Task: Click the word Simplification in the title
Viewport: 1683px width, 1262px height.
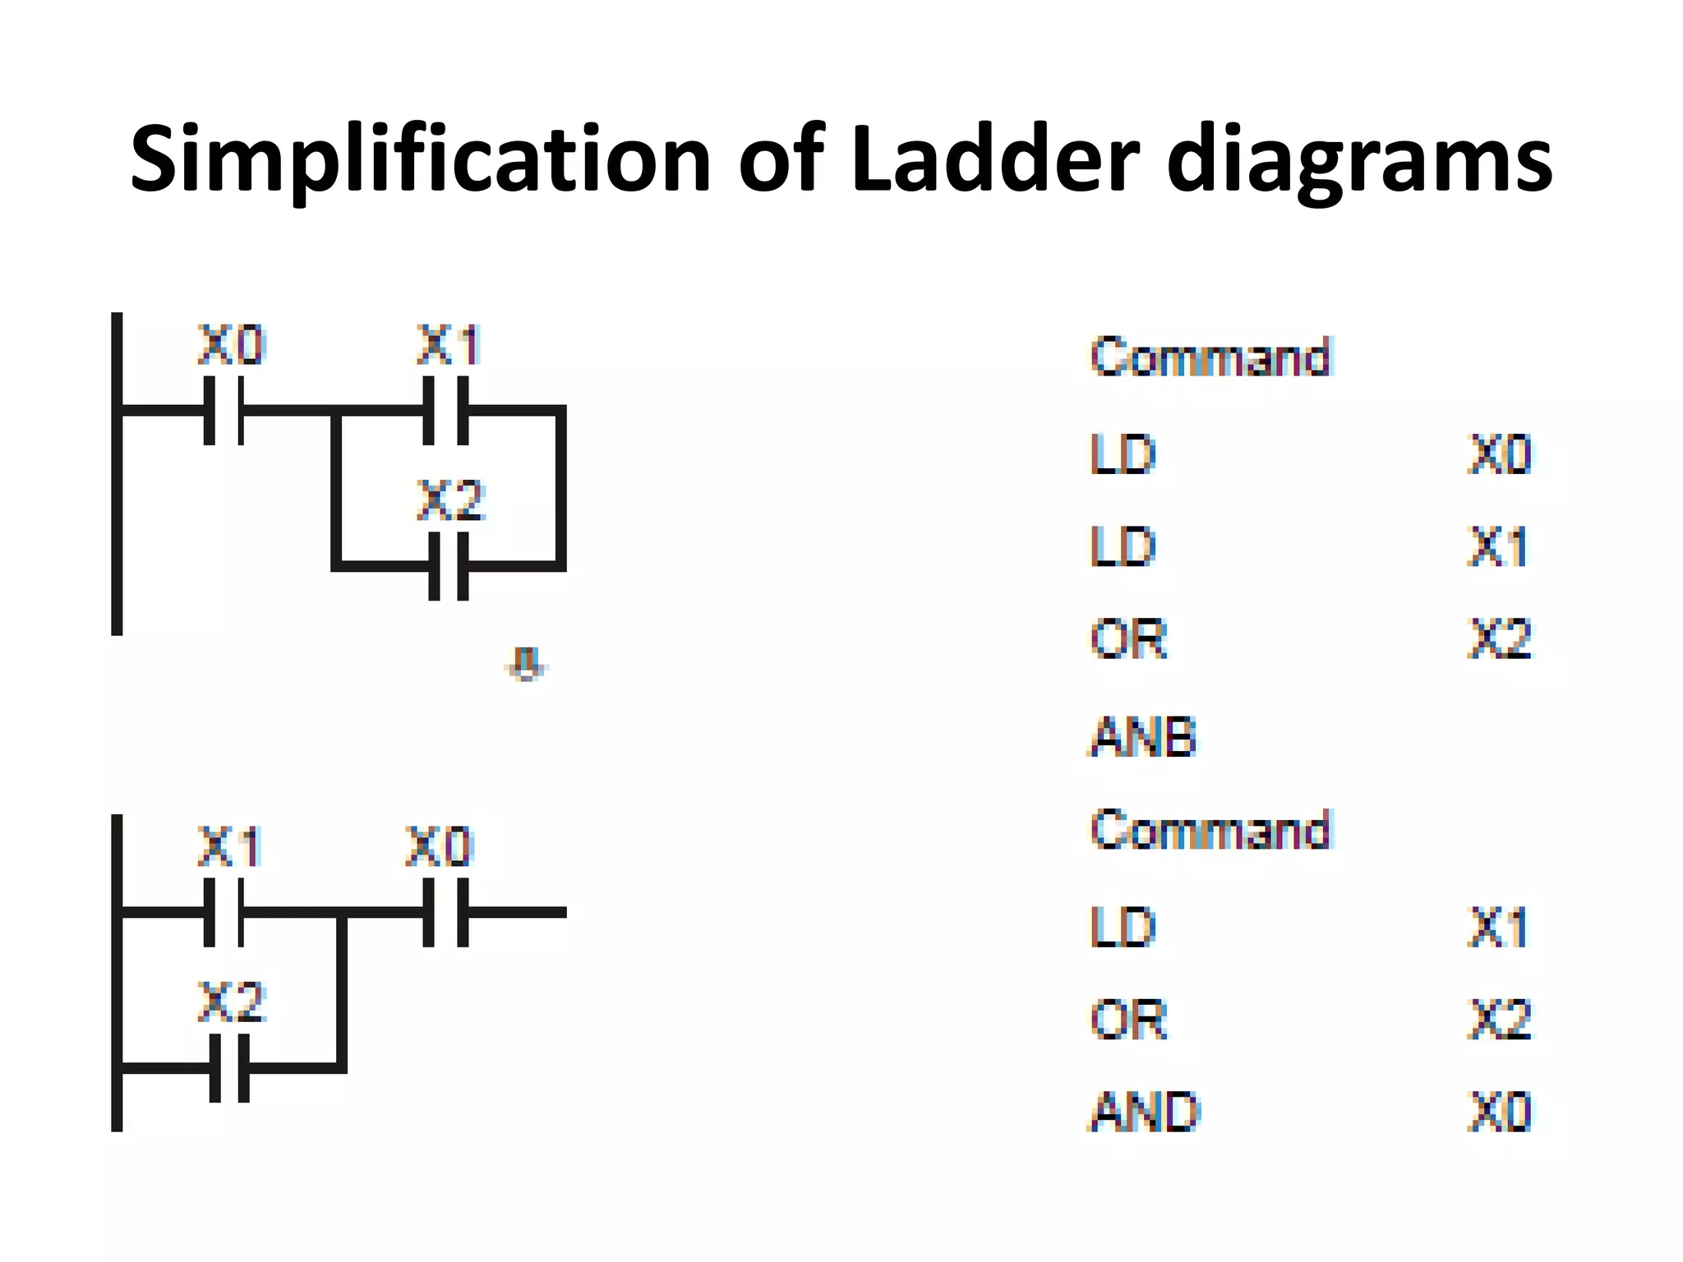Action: pos(420,160)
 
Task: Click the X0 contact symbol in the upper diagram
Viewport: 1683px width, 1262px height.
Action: pos(224,410)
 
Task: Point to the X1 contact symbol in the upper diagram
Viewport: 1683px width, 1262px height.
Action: pos(445,410)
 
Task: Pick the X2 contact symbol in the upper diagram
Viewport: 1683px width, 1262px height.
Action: pos(448,566)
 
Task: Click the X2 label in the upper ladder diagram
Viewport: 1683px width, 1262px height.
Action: pos(450,500)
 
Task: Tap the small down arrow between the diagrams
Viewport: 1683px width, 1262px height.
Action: pos(526,664)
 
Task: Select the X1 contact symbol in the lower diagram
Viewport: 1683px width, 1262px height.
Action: pos(224,912)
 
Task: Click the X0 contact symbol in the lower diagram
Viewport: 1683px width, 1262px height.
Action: pos(445,912)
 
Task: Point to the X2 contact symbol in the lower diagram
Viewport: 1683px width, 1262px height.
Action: pos(229,1068)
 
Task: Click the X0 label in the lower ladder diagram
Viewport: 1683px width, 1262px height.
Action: pos(439,847)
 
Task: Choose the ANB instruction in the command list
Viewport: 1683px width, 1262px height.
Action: pos(1142,736)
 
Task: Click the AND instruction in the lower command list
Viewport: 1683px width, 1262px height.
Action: pos(1145,1112)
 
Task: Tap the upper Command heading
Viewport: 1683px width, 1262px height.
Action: pos(1210,357)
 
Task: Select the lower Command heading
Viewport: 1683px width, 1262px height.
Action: pos(1210,830)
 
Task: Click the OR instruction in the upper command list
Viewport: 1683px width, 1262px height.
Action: pos(1128,639)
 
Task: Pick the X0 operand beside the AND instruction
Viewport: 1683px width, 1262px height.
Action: pos(1499,1112)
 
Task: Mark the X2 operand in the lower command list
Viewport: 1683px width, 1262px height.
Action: pos(1499,1020)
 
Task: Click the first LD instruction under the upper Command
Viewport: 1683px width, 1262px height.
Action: pos(1123,454)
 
